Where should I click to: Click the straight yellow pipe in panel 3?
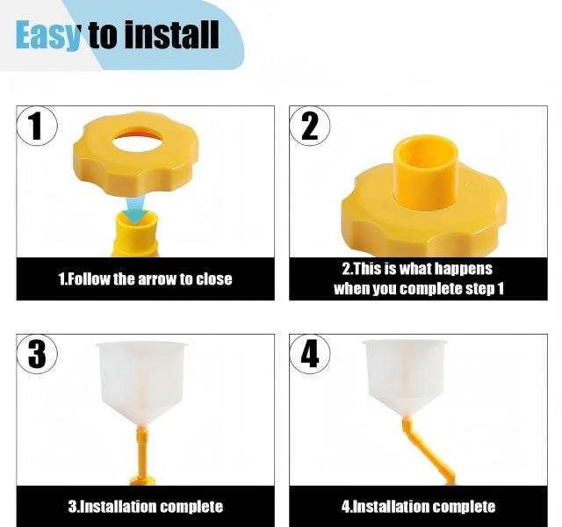(x=140, y=452)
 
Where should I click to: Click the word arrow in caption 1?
(x=157, y=279)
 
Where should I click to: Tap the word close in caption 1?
(x=213, y=279)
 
